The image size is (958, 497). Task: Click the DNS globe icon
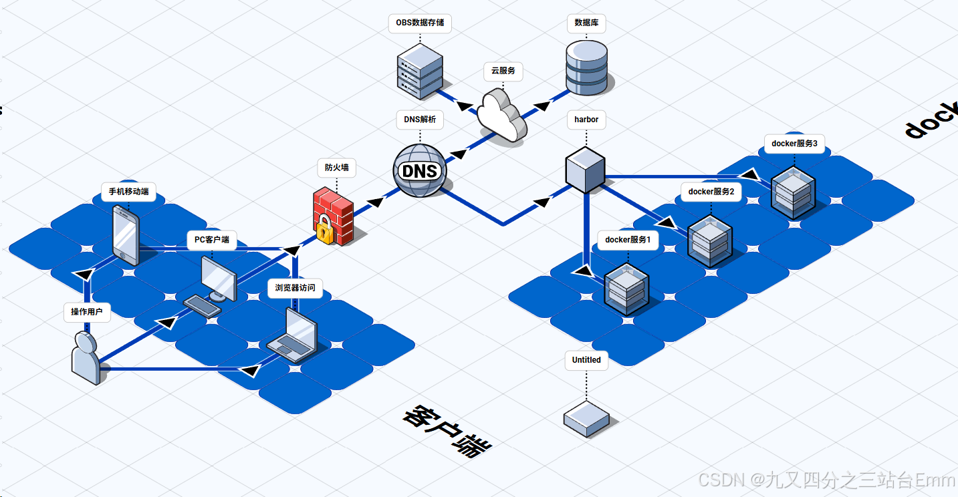[x=419, y=171]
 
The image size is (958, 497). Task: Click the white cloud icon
[x=501, y=115]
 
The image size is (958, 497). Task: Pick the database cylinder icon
[x=587, y=67]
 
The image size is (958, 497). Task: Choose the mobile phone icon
[x=125, y=234]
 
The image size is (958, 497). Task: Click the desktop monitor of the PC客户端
[x=219, y=277]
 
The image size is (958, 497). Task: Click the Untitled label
[x=586, y=359]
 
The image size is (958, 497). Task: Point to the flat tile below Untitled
[x=586, y=419]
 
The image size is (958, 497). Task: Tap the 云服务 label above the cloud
[x=503, y=71]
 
